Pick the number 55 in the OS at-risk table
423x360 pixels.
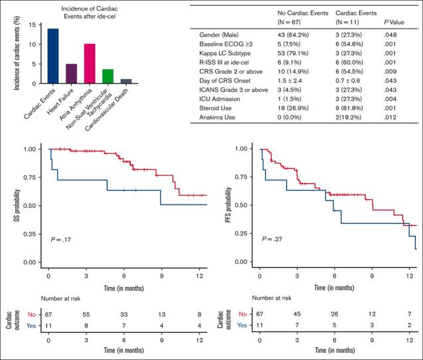pyautogui.click(x=86, y=312)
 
